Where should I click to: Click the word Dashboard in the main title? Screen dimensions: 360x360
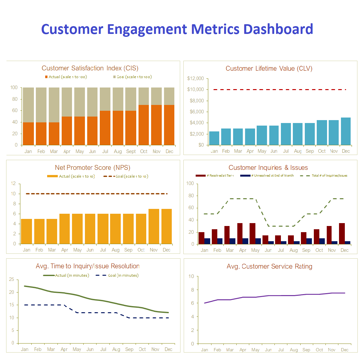(278, 29)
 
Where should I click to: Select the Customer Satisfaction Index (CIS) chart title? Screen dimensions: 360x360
(90, 68)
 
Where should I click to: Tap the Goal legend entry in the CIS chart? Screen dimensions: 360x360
(132, 77)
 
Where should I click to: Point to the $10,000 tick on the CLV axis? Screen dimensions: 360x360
(195, 89)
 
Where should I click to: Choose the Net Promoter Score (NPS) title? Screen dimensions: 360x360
(93, 168)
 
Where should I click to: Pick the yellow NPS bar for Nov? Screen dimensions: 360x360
(154, 226)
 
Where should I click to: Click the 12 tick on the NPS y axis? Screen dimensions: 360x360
(13, 183)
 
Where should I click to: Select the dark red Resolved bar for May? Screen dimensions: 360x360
(252, 233)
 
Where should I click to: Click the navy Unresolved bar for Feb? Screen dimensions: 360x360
(220, 241)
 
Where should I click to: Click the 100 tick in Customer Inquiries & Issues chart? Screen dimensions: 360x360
(190, 183)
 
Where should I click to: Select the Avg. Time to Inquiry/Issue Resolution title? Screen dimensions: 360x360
(88, 266)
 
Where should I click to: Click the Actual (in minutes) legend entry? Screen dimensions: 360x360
(67, 275)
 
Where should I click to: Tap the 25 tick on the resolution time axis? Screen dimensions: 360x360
(12, 279)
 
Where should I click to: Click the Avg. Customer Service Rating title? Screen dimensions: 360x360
(270, 266)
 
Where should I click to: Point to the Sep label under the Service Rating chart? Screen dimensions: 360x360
(306, 350)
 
